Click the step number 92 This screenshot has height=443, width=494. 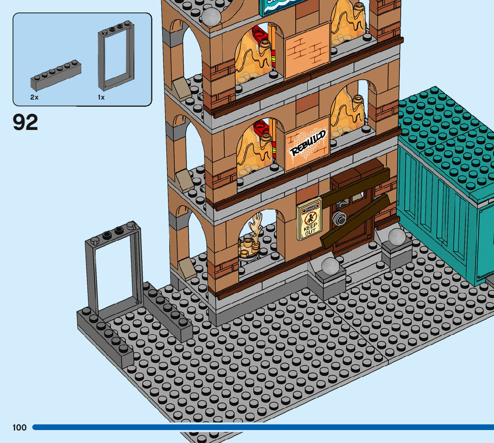tap(25, 122)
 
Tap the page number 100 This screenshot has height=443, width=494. tap(20, 427)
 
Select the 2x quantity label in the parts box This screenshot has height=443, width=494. tap(34, 97)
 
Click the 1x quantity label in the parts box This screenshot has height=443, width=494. tap(101, 97)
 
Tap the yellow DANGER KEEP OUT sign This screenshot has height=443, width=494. tap(309, 219)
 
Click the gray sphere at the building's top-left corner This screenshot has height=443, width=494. tap(212, 17)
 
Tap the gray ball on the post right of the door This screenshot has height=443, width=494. tap(396, 236)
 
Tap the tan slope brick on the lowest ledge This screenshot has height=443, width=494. tap(185, 268)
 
